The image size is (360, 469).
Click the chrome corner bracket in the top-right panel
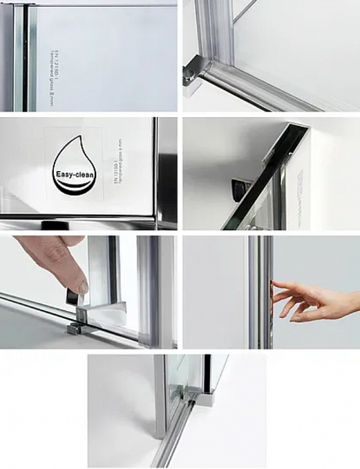click(192, 74)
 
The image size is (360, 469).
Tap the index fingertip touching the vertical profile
click(274, 283)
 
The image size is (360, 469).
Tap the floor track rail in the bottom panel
click(177, 438)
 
